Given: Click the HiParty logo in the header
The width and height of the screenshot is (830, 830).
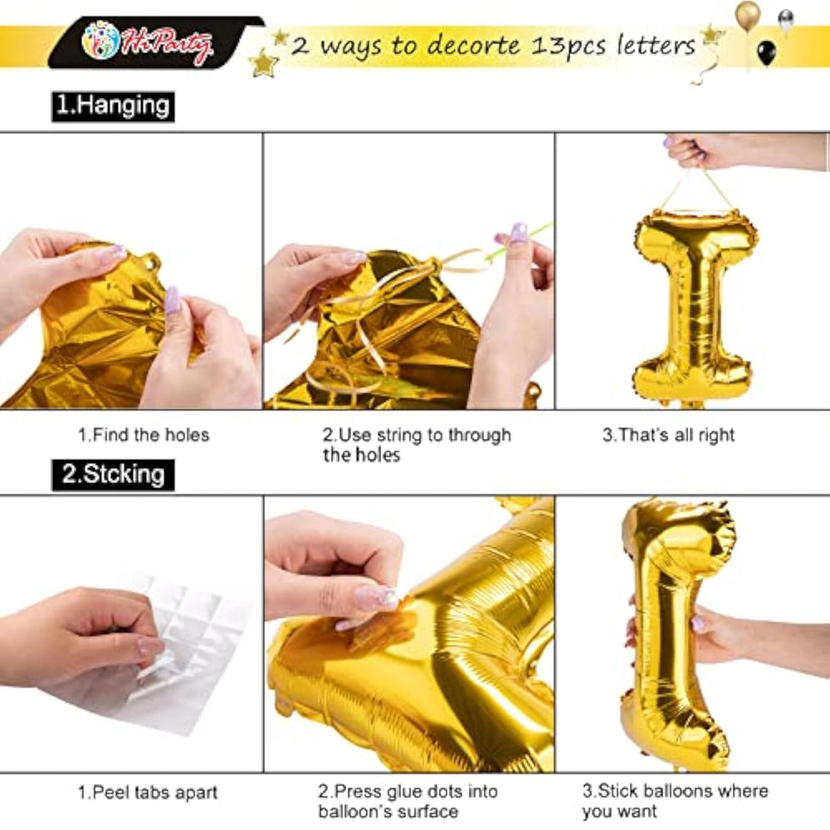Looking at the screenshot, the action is (147, 42).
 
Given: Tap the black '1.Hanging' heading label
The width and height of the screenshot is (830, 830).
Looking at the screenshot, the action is (113, 106).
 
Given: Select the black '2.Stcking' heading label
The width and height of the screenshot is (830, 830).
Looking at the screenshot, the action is (113, 475).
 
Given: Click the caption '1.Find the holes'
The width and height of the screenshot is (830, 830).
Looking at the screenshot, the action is (144, 435).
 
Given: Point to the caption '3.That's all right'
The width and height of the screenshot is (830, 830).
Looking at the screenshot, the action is (668, 435).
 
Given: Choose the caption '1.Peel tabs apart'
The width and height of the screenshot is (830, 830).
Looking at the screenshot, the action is (148, 793).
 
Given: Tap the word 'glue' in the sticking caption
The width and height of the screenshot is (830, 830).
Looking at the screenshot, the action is (420, 793).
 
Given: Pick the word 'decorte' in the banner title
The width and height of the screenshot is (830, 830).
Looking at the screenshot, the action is (474, 45).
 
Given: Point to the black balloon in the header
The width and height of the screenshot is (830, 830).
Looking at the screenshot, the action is (766, 53).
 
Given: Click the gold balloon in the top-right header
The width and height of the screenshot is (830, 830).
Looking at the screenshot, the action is (748, 15).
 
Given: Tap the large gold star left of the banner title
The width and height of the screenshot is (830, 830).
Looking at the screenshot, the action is (263, 63).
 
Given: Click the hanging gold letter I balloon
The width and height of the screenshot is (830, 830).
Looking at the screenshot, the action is (693, 307).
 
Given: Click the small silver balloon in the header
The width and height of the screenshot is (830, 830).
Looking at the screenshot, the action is (786, 20).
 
